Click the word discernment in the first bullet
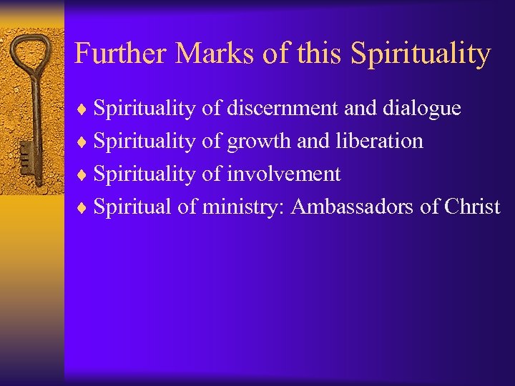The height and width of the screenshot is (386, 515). pos(283,108)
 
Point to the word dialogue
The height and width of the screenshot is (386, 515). pos(422,109)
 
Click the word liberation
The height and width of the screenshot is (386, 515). pos(379,141)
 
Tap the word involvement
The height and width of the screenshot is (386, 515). pos(283,174)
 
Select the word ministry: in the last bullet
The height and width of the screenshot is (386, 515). pos(244,207)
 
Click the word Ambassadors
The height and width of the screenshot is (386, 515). pos(351,207)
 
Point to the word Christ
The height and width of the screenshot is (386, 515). pos(472,207)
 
